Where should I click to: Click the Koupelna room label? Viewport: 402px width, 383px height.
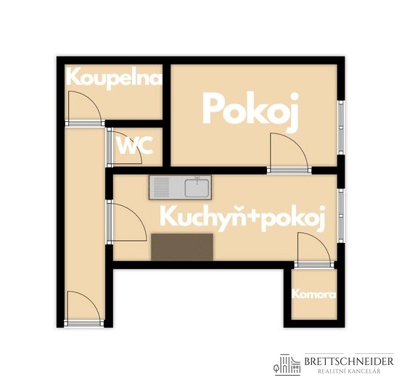tap(114, 78)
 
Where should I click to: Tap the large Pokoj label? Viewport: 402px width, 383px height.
tap(250, 110)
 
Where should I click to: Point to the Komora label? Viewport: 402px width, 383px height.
tap(313, 295)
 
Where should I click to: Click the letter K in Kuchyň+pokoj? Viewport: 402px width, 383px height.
tap(168, 216)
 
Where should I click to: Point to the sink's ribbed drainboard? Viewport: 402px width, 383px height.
tap(161, 189)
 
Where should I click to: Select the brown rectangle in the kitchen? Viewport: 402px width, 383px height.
tap(182, 247)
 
